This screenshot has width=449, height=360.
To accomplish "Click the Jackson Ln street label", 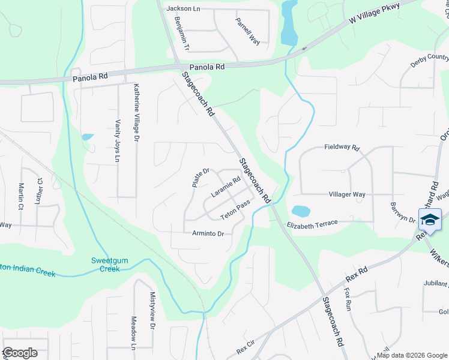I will click(183, 8).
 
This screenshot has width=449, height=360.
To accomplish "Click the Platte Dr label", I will click(200, 178).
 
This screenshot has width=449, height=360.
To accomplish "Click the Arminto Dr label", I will click(208, 233).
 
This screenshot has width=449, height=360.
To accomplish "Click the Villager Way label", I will click(347, 195).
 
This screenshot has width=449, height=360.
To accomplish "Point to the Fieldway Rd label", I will click(341, 147).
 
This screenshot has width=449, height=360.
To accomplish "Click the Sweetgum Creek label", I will click(106, 265).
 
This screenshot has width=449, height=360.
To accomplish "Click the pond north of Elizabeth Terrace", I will click(300, 211).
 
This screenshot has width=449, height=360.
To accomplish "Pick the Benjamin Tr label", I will click(182, 33).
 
